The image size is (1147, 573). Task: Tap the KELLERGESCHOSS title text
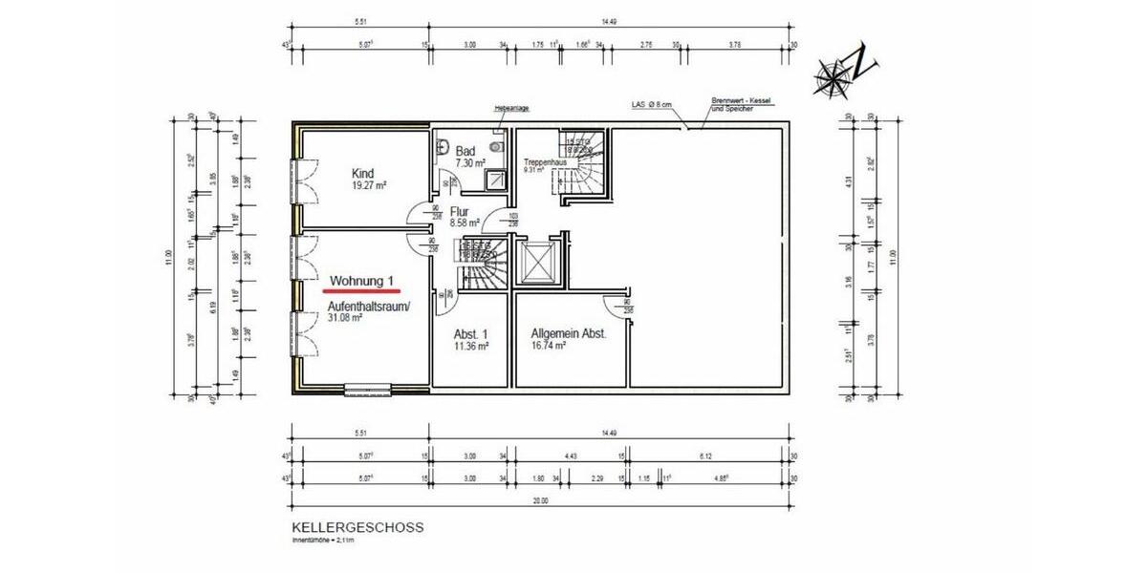point(357,527)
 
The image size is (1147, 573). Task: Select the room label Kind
point(362,173)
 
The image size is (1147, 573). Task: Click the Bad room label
point(465,152)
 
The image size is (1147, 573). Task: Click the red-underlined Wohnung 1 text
point(362,281)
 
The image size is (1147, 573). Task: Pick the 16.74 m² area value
point(549,349)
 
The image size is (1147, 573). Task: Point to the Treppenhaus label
point(545,163)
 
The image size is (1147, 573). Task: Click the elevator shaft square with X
point(536,263)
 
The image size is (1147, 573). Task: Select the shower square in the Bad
point(496,179)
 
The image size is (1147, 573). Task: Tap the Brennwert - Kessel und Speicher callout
point(742,104)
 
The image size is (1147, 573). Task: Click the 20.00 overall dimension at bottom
point(542,500)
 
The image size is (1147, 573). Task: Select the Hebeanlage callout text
point(510,109)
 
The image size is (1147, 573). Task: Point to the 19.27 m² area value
point(368,185)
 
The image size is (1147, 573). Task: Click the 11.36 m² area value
point(471,349)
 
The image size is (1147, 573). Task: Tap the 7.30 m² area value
point(470,163)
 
